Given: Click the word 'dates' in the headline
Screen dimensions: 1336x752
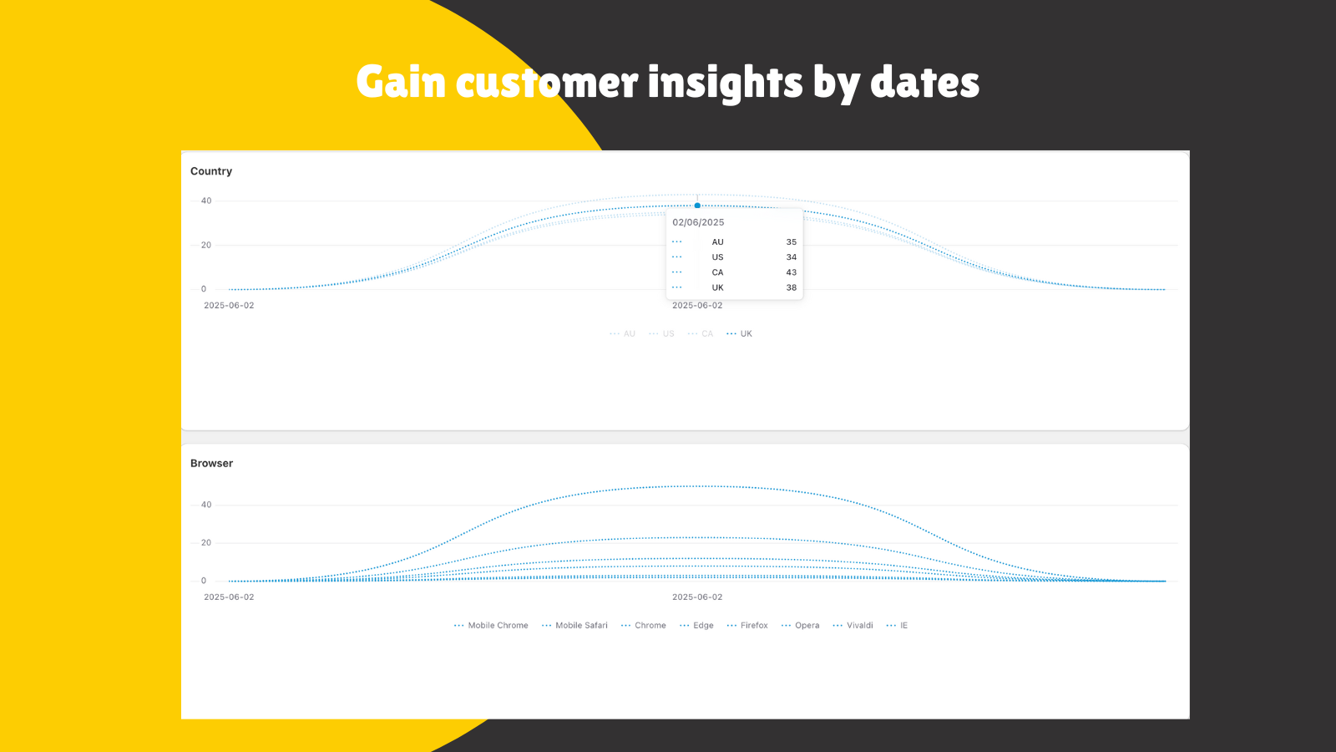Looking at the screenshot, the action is [x=924, y=82].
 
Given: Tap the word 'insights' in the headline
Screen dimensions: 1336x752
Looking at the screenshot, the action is [x=726, y=83].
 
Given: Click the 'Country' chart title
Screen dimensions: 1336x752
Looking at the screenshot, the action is [x=211, y=171].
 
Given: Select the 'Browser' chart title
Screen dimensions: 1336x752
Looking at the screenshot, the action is [x=212, y=463].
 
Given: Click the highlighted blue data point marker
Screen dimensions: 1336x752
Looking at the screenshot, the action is [x=697, y=206].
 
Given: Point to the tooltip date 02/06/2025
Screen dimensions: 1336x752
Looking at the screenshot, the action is [x=698, y=222].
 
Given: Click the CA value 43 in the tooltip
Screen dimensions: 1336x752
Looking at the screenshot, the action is [x=791, y=272].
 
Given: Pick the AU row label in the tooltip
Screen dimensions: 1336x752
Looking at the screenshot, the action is [x=717, y=241].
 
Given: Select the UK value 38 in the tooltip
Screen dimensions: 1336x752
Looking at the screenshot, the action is [x=791, y=287].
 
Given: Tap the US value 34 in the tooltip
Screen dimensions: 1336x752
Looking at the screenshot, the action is [x=791, y=257].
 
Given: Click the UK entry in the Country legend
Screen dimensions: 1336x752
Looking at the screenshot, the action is [x=740, y=333].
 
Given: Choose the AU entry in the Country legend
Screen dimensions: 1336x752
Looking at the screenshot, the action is [x=623, y=333].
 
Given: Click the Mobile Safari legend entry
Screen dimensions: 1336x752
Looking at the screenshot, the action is [x=574, y=626].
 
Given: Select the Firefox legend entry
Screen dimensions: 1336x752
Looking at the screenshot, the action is [x=747, y=626].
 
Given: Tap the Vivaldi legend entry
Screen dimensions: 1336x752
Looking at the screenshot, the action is [x=853, y=626].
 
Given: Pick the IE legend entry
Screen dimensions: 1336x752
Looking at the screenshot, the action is [x=897, y=626].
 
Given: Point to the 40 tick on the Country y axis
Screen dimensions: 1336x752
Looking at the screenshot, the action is [x=205, y=201].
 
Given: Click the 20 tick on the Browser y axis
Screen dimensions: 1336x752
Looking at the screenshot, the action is [x=205, y=542].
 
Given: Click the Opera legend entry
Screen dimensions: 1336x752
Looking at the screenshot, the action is [x=801, y=626].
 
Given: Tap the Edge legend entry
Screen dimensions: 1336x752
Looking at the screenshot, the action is [x=696, y=626].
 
